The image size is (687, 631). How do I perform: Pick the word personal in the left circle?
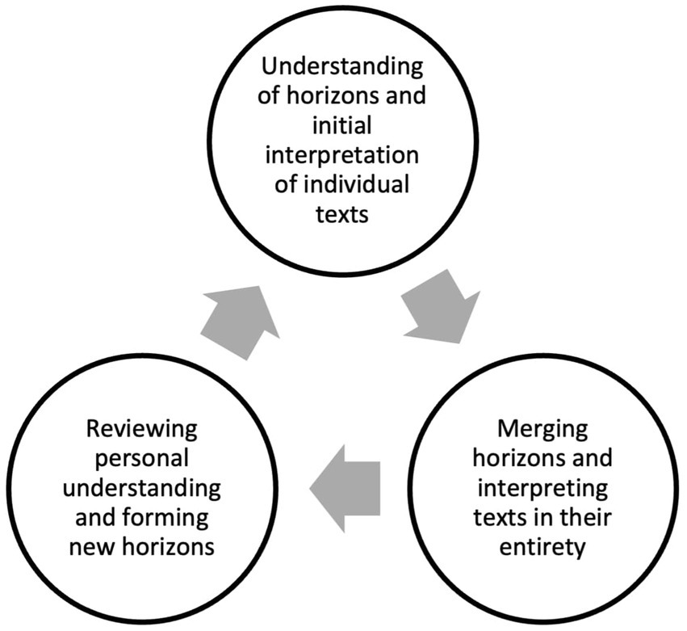tap(143, 458)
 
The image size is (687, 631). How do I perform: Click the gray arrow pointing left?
tap(345, 488)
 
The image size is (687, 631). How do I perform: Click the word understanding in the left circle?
tap(143, 489)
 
